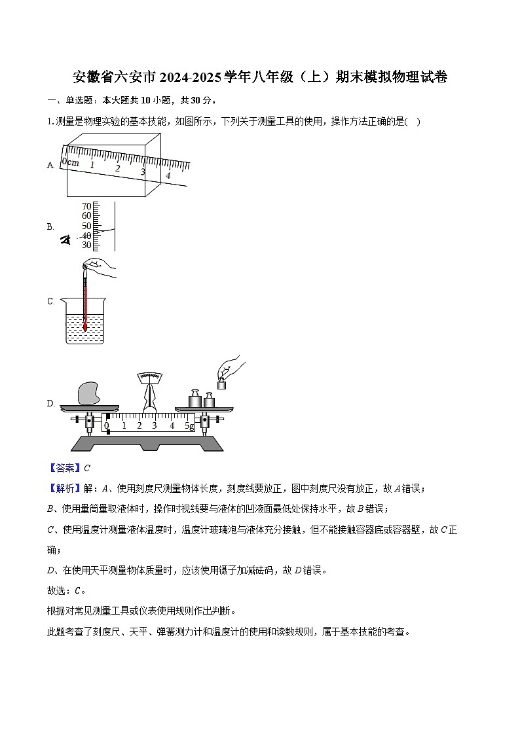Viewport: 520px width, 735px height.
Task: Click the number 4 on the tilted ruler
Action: pos(168,175)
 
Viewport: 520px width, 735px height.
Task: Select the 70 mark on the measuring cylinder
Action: pos(86,206)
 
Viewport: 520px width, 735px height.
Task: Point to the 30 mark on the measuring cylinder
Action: pos(86,245)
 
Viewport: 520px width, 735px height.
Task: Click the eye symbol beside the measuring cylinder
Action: pos(65,240)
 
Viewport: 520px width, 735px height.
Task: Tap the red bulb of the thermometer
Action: pos(85,325)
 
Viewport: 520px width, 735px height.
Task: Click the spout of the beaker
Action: pos(64,300)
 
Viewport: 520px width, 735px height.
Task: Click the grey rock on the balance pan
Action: pos(90,393)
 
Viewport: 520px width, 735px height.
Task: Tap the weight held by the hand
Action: pos(221,384)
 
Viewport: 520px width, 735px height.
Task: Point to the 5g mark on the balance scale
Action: pos(189,426)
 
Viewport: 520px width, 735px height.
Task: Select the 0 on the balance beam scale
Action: pos(107,426)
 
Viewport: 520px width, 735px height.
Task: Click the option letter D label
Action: pos(50,404)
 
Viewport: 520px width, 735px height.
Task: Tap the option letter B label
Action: pos(50,226)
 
